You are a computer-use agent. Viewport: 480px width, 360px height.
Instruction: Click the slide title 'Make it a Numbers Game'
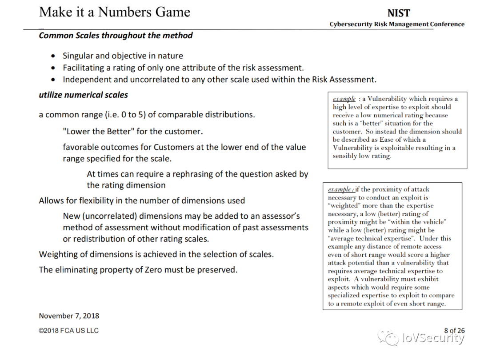click(x=115, y=12)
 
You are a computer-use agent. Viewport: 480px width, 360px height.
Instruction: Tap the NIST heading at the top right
click(x=399, y=13)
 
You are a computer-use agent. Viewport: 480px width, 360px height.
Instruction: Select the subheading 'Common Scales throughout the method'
click(x=116, y=36)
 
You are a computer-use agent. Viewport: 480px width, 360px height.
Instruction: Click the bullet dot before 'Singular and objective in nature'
click(x=53, y=56)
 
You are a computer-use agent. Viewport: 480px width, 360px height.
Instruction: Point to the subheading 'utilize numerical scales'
click(x=83, y=95)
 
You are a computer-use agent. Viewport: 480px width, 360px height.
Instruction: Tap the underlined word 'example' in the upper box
click(x=344, y=99)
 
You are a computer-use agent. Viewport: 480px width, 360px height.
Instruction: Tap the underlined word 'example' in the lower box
click(x=340, y=189)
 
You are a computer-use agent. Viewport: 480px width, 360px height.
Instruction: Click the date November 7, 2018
click(x=69, y=316)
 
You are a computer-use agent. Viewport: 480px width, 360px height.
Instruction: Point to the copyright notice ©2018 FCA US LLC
click(x=68, y=331)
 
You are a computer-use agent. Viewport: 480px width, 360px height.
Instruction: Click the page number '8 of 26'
click(x=454, y=330)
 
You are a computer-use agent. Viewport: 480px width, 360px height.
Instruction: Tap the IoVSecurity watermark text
click(x=433, y=338)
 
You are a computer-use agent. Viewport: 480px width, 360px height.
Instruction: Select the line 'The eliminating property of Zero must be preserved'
click(x=138, y=270)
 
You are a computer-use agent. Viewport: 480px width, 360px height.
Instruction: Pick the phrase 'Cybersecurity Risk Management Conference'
click(x=397, y=24)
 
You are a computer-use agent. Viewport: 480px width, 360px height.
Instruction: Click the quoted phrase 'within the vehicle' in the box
click(x=416, y=222)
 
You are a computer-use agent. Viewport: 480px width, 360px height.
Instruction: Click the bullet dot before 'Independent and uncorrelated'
click(x=53, y=80)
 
